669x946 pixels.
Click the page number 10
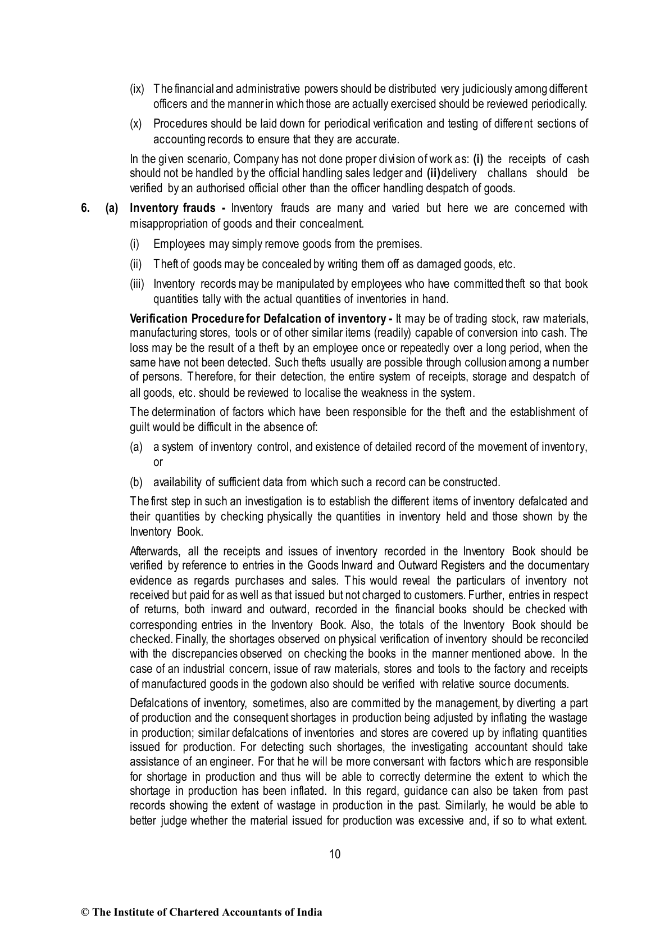click(334, 854)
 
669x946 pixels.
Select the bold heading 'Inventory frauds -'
click(177, 208)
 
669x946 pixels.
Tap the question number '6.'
click(85, 208)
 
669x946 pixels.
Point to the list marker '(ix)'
click(137, 89)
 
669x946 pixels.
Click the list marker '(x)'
click(135, 124)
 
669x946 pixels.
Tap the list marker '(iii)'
click(138, 284)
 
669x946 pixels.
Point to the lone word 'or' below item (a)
click(158, 462)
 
